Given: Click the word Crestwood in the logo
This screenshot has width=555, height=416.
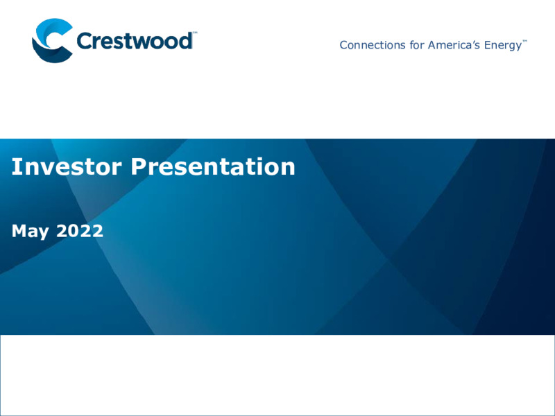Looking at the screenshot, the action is pyautogui.click(x=135, y=40).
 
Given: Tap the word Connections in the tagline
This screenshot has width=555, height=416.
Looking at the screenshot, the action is pyautogui.click(x=373, y=45).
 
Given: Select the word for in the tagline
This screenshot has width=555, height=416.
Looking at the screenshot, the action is pyautogui.click(x=417, y=45).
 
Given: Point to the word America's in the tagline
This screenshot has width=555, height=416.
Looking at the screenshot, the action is pyautogui.click(x=454, y=45).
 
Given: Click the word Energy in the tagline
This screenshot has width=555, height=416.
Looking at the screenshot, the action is pyautogui.click(x=503, y=46).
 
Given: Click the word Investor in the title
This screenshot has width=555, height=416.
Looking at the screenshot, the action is pyautogui.click(x=67, y=166).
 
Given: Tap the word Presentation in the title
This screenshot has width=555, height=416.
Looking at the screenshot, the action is pyautogui.click(x=213, y=166).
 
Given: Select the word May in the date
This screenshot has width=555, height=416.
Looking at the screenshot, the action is pyautogui.click(x=30, y=232).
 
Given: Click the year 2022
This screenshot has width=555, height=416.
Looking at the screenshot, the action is pyautogui.click(x=80, y=231).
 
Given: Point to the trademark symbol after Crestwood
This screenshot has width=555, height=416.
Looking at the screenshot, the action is pyautogui.click(x=195, y=33).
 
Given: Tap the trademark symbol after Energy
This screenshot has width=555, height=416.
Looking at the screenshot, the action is pyautogui.click(x=525, y=41).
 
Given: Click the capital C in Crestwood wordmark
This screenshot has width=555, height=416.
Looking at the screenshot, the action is pyautogui.click(x=84, y=41).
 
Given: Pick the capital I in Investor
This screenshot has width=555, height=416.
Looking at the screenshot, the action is pyautogui.click(x=15, y=166).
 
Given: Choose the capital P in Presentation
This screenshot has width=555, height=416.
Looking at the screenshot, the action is pyautogui.click(x=138, y=166).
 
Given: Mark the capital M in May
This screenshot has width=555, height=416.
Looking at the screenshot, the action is pyautogui.click(x=19, y=231).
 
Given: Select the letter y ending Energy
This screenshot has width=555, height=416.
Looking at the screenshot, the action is pyautogui.click(x=518, y=47).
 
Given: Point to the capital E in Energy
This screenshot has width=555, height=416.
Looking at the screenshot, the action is pyautogui.click(x=488, y=45).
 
